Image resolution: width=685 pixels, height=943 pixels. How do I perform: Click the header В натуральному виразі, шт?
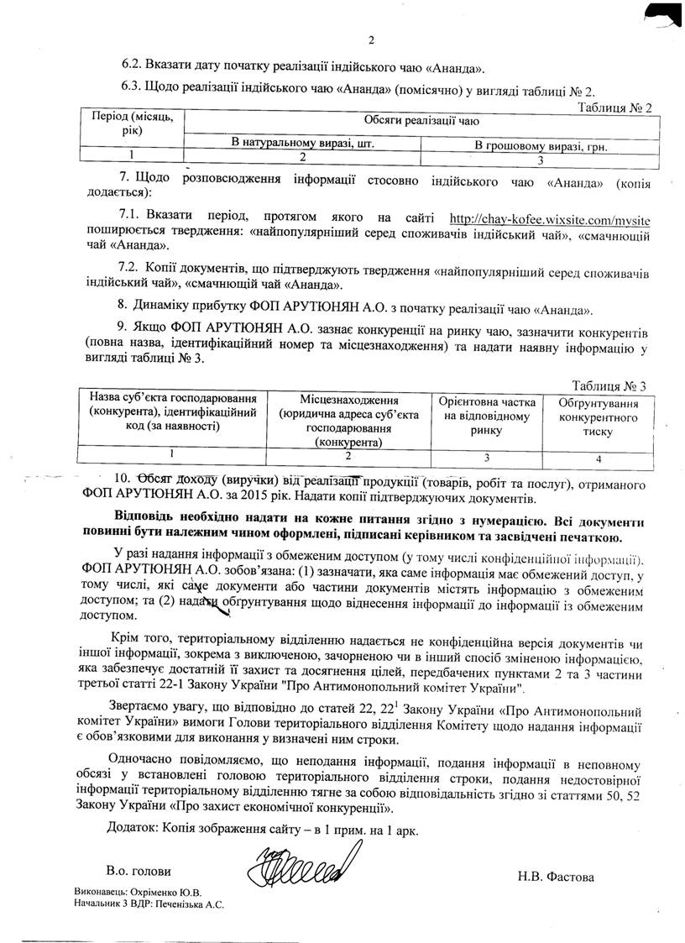pyautogui.click(x=302, y=144)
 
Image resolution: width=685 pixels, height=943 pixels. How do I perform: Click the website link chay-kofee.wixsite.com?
pyautogui.click(x=550, y=221)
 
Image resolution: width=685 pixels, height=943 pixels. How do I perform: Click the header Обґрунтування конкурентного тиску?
pyautogui.click(x=598, y=416)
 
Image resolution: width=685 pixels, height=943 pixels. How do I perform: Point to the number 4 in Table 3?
pyautogui.click(x=598, y=458)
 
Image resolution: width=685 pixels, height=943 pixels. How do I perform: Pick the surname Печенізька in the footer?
pyautogui.click(x=179, y=904)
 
